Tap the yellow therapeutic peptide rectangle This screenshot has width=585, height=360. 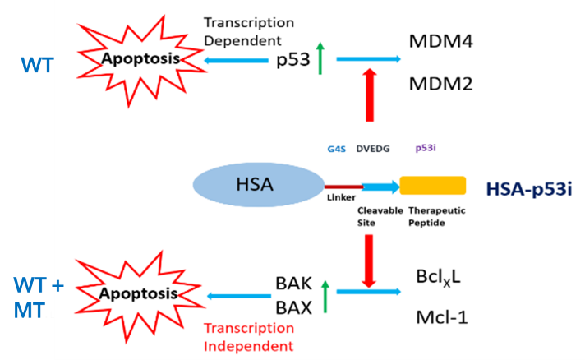[x=432, y=186]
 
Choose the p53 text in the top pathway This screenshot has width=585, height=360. [x=294, y=59]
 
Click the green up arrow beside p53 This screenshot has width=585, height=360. [x=320, y=59]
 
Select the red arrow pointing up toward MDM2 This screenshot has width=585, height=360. [x=368, y=94]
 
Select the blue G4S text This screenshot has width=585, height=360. [x=336, y=149]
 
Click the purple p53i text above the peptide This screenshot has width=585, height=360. [x=426, y=149]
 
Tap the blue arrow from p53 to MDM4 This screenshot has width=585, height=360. [x=367, y=58]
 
